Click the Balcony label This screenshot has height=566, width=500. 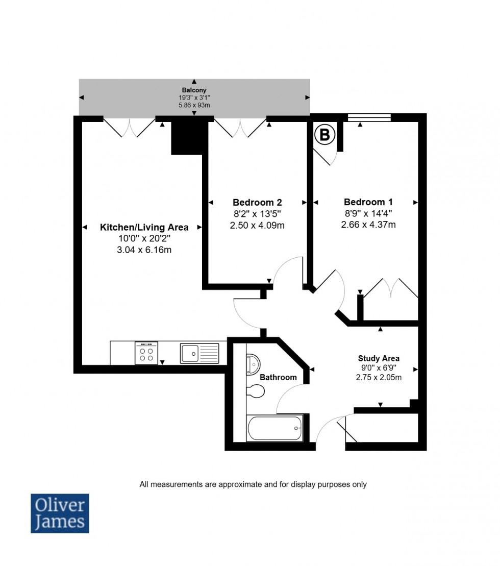click(x=194, y=90)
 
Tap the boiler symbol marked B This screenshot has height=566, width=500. click(x=324, y=135)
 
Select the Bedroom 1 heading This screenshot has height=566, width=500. click(x=368, y=202)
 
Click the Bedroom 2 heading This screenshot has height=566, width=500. click(x=257, y=202)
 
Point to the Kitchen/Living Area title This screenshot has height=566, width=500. click(x=144, y=227)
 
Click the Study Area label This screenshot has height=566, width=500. click(x=379, y=358)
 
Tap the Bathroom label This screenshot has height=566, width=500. click(x=278, y=377)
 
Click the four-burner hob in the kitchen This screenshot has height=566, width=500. click(x=146, y=353)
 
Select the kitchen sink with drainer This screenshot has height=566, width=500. click(x=199, y=353)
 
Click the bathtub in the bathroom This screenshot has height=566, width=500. click(x=275, y=428)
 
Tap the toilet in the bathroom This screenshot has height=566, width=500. click(x=256, y=391)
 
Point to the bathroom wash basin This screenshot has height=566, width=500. click(x=253, y=364)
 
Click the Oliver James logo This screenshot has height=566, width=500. click(x=60, y=513)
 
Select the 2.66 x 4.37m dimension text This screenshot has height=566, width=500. click(x=368, y=225)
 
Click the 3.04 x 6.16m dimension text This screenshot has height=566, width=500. click(x=144, y=250)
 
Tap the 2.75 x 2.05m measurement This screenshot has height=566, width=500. click(x=379, y=378)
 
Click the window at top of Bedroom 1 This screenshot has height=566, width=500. click(x=369, y=117)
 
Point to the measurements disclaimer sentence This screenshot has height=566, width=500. click(x=253, y=484)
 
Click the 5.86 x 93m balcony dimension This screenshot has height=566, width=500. click(x=194, y=105)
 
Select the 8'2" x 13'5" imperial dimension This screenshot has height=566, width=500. click(x=257, y=214)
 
